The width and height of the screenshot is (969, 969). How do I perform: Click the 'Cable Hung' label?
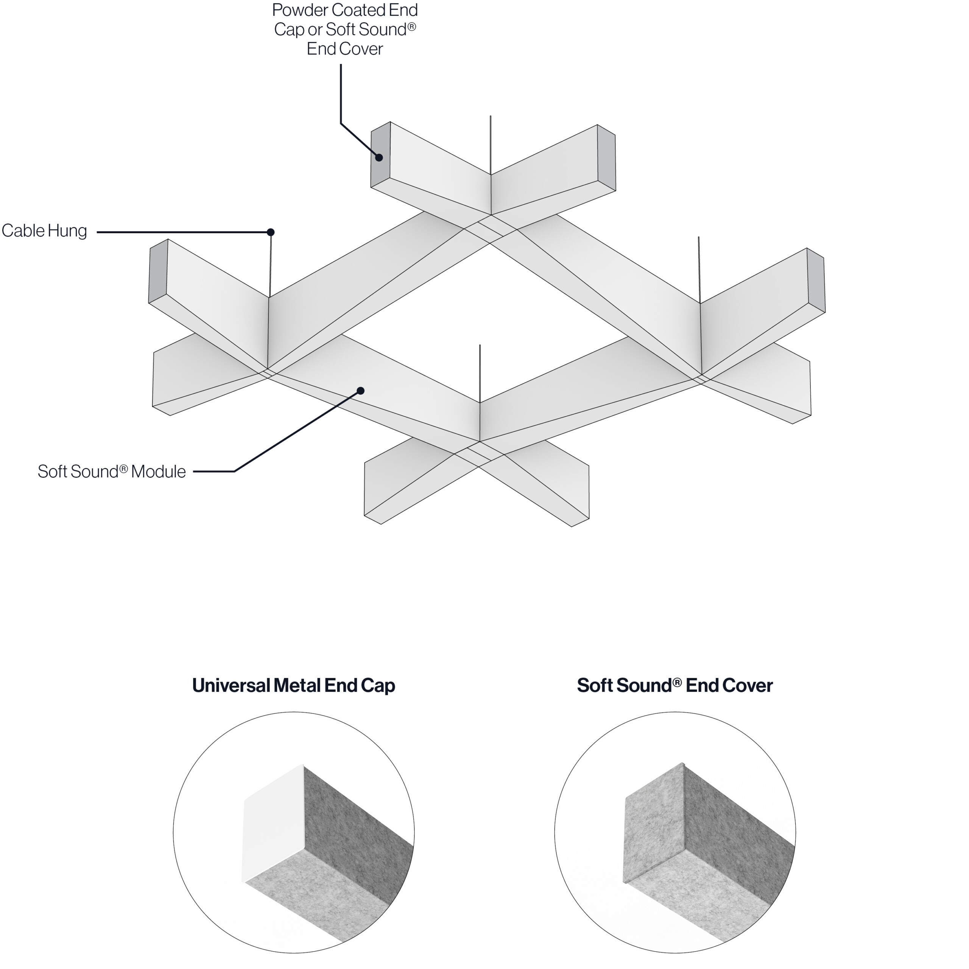point(44,231)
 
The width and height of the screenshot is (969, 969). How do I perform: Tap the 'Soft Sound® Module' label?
point(111,472)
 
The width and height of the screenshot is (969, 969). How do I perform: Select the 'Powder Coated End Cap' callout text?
point(345,29)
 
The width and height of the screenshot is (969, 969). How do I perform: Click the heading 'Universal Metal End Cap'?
point(294,685)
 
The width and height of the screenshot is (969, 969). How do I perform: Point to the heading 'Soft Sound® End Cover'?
point(675,685)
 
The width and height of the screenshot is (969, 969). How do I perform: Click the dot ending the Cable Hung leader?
point(270,232)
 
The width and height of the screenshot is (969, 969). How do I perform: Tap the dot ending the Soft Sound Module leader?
point(360,391)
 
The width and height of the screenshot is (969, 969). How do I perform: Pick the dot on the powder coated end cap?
point(380,157)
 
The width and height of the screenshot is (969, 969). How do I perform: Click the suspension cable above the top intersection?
point(491,145)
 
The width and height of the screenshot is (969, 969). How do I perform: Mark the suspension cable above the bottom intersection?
point(480,374)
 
